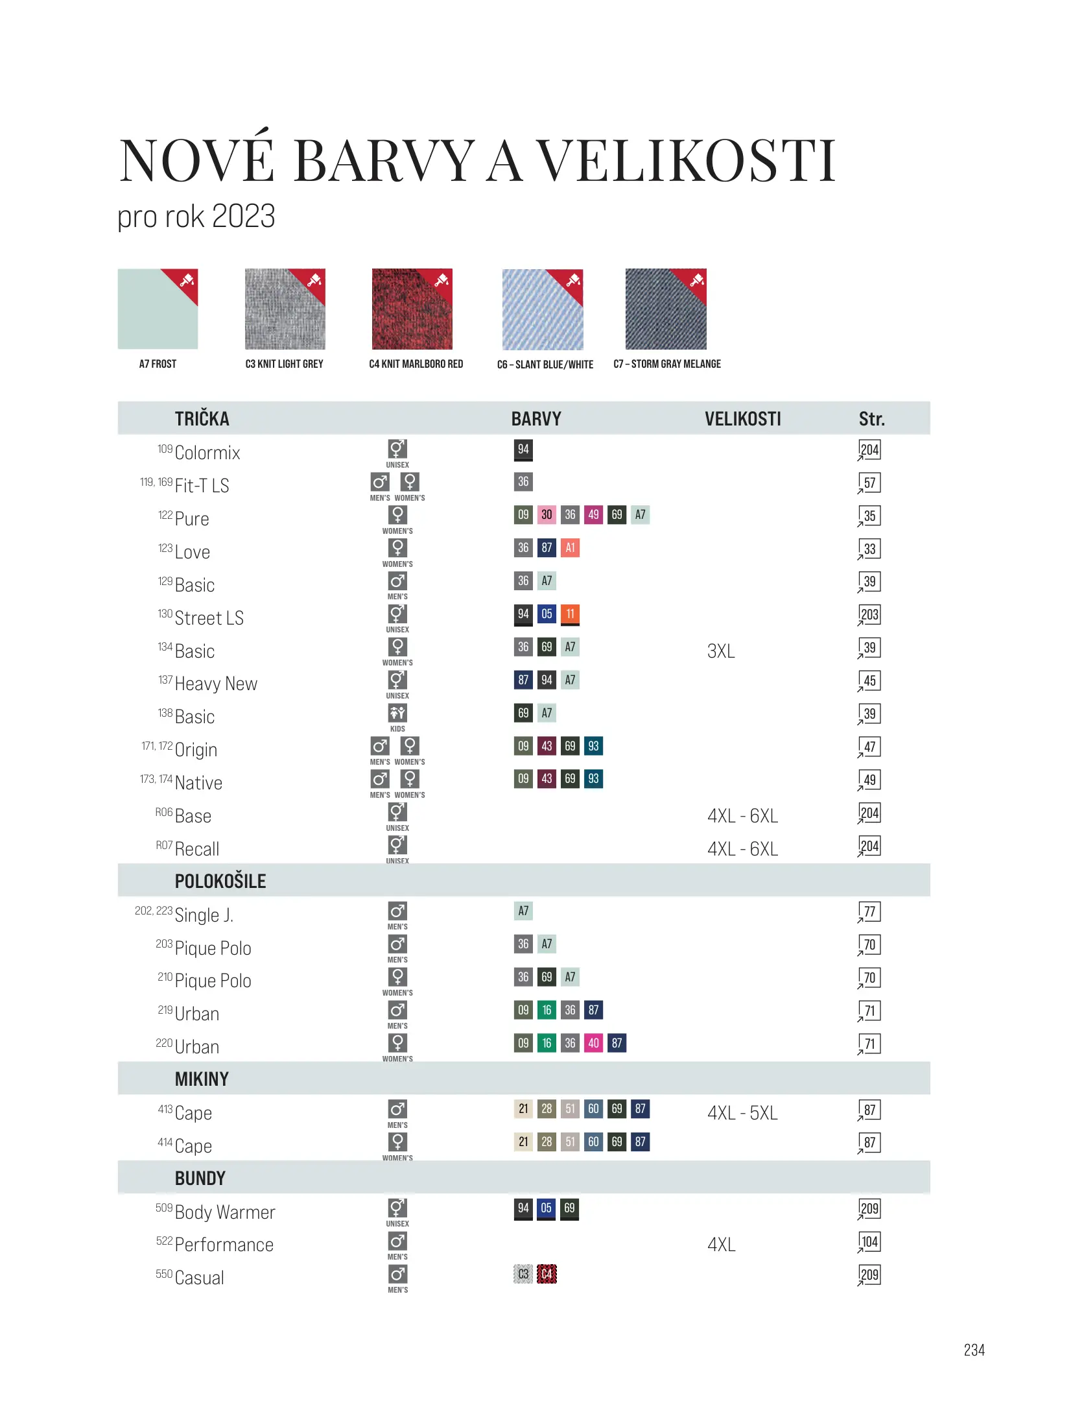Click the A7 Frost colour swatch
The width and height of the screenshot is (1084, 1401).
158,309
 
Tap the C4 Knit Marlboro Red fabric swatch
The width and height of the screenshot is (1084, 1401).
412,309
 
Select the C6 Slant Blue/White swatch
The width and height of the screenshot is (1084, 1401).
543,309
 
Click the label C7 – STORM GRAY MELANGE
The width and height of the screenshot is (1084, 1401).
667,364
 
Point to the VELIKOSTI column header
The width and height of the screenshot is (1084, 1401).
742,419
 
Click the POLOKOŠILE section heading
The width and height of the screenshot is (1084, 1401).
220,881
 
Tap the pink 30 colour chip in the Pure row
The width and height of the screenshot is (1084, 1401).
547,515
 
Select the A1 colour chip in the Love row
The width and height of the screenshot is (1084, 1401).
570,548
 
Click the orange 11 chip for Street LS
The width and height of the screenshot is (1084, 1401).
570,614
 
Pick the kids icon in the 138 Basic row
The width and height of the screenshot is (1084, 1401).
397,713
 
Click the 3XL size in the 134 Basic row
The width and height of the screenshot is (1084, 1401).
721,651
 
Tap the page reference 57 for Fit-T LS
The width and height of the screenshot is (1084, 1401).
869,483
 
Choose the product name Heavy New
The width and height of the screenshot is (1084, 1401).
216,684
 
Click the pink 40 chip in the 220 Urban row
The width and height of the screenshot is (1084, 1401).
593,1043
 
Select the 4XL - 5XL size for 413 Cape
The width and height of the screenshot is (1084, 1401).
742,1113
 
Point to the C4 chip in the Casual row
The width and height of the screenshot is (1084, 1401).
547,1274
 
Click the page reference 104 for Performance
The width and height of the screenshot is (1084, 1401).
869,1242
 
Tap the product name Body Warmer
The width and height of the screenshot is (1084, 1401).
225,1212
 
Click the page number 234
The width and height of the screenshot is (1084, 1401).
974,1350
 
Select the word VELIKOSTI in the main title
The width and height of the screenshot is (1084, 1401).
687,161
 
